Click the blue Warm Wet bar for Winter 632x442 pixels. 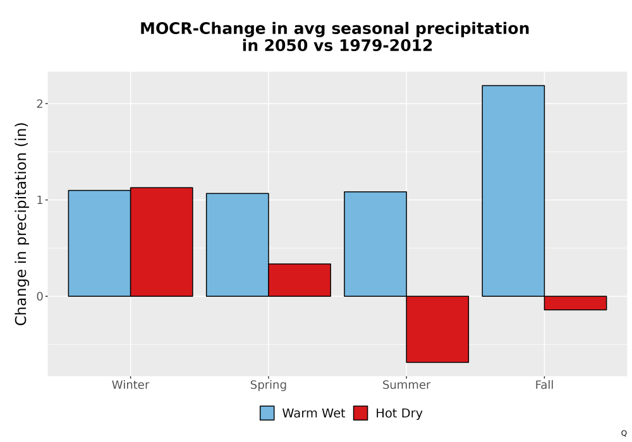[100, 243]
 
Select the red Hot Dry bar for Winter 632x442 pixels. [162, 242]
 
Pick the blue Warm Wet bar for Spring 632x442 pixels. [238, 245]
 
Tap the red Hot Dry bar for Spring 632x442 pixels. [300, 280]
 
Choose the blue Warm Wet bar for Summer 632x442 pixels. [375, 244]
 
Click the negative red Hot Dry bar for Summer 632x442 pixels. [437, 329]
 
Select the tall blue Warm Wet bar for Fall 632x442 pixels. [513, 191]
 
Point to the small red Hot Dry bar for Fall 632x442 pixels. [575, 303]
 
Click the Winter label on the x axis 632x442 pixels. [131, 385]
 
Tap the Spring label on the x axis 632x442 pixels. [269, 385]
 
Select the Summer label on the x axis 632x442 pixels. [406, 385]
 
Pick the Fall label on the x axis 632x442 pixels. [544, 385]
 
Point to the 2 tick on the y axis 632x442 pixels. [39, 104]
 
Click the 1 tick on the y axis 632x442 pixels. [39, 200]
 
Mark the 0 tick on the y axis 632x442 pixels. [39, 297]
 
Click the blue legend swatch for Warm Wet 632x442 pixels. [267, 413]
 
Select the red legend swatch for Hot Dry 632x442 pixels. [360, 413]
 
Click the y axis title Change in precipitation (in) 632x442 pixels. [21, 224]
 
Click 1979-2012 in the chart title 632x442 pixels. [386, 45]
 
